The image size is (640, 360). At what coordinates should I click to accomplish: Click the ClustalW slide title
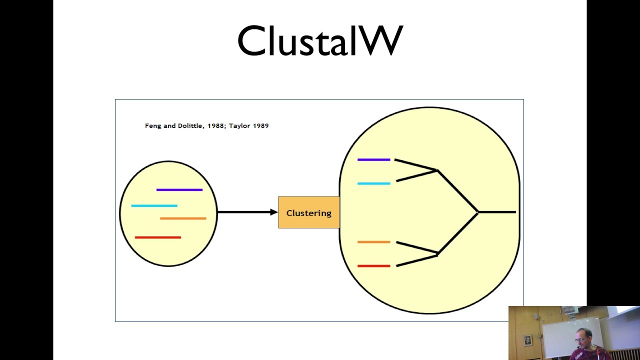pyautogui.click(x=320, y=41)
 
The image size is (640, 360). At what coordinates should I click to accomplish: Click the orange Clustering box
pyautogui.click(x=308, y=212)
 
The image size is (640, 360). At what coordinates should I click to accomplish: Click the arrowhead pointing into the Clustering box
pyautogui.click(x=274, y=212)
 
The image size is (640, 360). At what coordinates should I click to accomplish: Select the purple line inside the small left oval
pyautogui.click(x=179, y=190)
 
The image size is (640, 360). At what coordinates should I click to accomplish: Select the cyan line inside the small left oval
pyautogui.click(x=154, y=205)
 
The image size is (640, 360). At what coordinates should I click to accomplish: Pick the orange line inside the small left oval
pyautogui.click(x=183, y=218)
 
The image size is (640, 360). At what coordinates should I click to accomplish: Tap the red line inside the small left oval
pyautogui.click(x=158, y=237)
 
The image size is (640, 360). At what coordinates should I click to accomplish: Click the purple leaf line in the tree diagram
pyautogui.click(x=373, y=160)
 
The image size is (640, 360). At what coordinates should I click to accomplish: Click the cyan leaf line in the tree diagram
pyautogui.click(x=373, y=183)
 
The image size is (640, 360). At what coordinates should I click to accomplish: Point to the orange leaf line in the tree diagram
pyautogui.click(x=373, y=242)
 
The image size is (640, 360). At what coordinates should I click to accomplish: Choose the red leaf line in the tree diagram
pyautogui.click(x=373, y=266)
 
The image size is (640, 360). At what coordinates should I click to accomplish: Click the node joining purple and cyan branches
pyautogui.click(x=437, y=171)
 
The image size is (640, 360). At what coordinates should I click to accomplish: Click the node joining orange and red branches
pyautogui.click(x=437, y=253)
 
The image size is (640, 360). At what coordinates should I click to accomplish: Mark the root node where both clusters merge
pyautogui.click(x=478, y=212)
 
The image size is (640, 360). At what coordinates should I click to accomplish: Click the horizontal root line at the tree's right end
pyautogui.click(x=497, y=212)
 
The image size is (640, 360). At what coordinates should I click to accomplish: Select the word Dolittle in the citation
pyautogui.click(x=191, y=126)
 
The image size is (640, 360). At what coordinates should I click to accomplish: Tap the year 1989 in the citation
pyautogui.click(x=260, y=126)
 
